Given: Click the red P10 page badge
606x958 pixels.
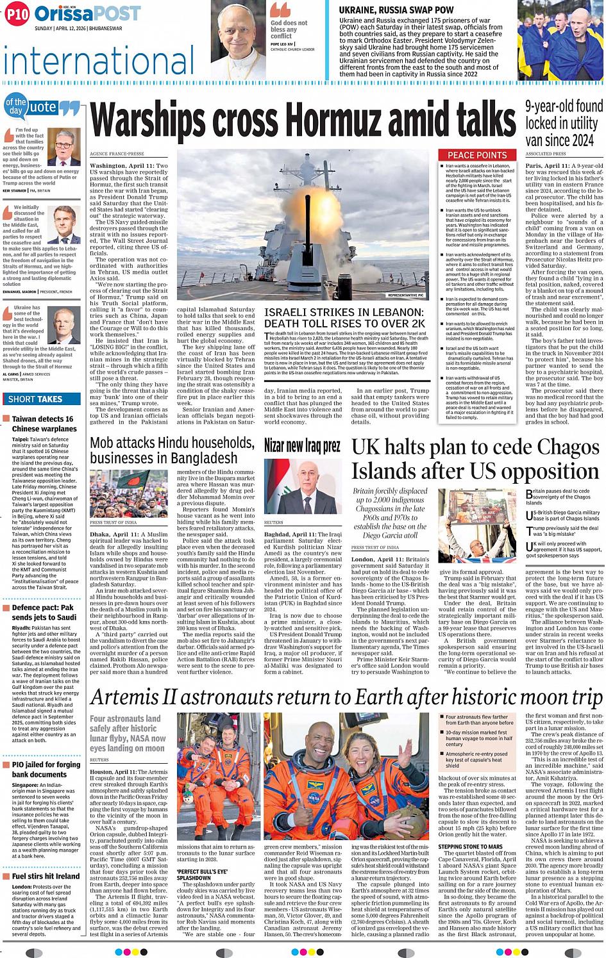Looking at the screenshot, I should [x=17, y=14].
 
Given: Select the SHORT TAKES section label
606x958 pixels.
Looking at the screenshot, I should [x=35, y=399].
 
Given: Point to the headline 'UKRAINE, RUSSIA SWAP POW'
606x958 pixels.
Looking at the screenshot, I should [x=396, y=10].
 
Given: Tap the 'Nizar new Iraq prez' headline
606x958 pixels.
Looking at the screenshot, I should [x=302, y=446].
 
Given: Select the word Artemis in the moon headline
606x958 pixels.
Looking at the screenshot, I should [x=124, y=697].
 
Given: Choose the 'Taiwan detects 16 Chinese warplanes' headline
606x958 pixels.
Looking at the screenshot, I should [x=44, y=424].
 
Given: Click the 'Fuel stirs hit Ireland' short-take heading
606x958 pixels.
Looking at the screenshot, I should [x=46, y=876].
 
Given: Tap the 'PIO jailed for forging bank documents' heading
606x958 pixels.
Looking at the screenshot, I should [x=46, y=769].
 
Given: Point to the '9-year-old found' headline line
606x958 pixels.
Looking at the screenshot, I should [x=564, y=106].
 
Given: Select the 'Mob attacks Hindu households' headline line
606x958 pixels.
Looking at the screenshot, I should [x=172, y=443].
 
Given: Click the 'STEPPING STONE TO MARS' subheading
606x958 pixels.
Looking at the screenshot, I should [x=470, y=847].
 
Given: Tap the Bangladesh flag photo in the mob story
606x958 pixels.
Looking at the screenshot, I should [x=129, y=493].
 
